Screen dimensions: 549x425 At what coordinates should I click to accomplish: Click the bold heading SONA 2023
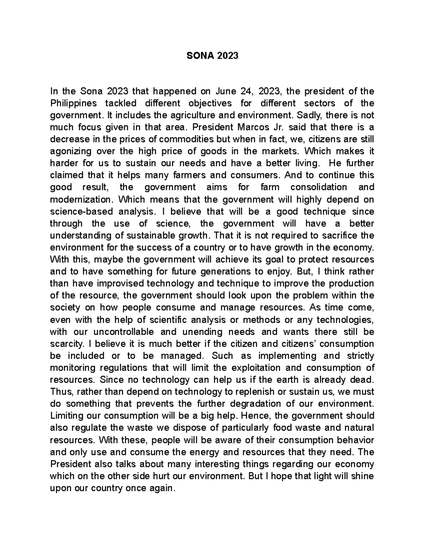pos(212,56)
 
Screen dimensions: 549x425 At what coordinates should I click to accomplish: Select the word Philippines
pos(73,104)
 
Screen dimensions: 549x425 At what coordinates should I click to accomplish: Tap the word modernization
pos(80,200)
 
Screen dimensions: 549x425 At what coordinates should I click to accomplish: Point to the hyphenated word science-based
pos(80,212)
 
